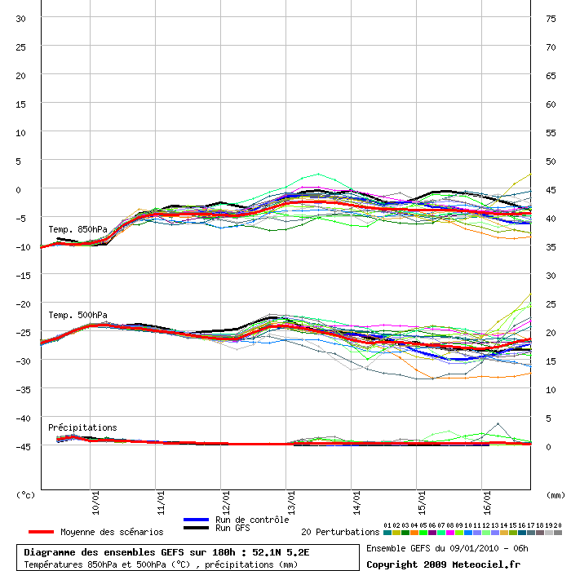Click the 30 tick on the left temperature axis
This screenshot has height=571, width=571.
click(21, 18)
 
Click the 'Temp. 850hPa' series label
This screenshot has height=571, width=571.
click(77, 229)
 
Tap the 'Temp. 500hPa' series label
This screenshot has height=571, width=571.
click(77, 315)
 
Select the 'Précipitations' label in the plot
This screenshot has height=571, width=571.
click(82, 427)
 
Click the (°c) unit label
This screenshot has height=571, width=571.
click(26, 494)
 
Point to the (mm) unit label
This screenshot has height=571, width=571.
click(555, 494)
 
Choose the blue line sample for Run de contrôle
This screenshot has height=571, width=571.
click(196, 520)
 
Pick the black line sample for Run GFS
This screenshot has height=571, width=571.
click(196, 529)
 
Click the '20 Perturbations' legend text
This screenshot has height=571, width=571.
click(340, 532)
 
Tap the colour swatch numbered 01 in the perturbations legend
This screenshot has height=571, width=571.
click(387, 533)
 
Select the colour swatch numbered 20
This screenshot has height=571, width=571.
click(558, 533)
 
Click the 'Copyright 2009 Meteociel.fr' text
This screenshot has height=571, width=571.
click(443, 564)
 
